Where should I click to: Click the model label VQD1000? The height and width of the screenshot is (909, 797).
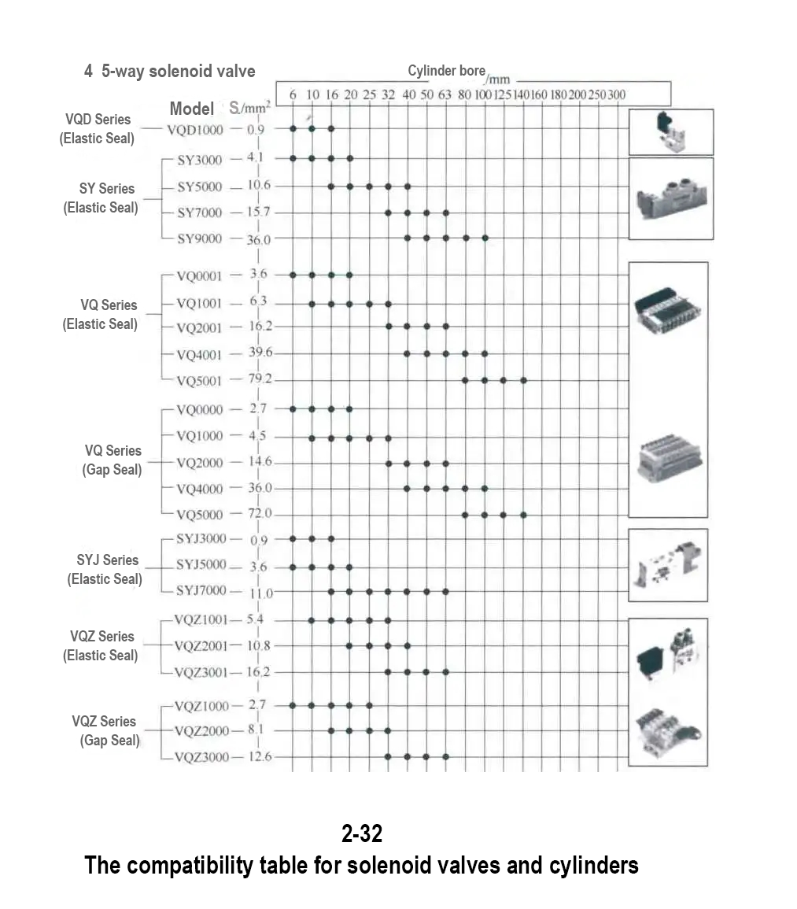point(194,129)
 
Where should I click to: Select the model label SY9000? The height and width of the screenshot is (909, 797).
point(199,238)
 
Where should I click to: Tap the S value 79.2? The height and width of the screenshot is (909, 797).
point(259,379)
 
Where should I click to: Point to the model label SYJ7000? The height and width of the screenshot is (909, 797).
point(201,590)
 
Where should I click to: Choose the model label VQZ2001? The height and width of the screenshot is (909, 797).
point(200,646)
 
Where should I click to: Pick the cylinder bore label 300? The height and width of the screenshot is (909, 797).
point(616,95)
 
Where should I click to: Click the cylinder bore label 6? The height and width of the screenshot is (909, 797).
point(293,95)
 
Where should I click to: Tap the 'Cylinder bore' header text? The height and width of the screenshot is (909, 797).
point(446,71)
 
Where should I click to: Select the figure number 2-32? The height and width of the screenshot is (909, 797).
point(362,832)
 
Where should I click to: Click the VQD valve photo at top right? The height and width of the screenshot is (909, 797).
point(670,132)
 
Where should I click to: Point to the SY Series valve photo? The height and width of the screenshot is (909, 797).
point(670,198)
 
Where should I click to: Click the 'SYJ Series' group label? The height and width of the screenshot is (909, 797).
point(108,560)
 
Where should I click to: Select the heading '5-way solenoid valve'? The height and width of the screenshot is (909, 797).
point(179,71)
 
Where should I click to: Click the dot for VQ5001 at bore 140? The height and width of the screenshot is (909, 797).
point(523,380)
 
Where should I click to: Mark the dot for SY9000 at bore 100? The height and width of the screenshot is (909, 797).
point(485,238)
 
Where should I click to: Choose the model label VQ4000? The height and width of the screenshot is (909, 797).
point(200,489)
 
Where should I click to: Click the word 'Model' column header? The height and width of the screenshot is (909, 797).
point(191,109)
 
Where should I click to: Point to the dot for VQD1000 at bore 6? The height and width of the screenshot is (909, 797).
point(293,128)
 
